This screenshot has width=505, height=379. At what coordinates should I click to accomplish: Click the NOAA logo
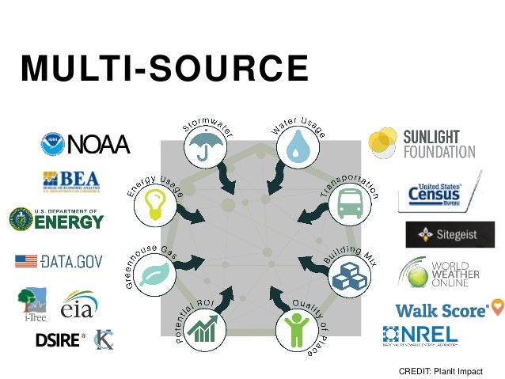[x=85, y=145]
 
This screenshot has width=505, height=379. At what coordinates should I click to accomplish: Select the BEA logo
[x=73, y=182]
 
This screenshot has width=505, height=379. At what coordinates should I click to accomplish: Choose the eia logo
[x=80, y=305]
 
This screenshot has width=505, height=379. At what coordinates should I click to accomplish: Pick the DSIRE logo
[x=59, y=340]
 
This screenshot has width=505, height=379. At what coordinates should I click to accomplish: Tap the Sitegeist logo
[x=450, y=234]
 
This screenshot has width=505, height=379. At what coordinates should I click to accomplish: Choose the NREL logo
[x=420, y=336]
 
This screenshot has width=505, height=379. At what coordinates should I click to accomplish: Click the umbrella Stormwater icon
[x=204, y=146]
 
